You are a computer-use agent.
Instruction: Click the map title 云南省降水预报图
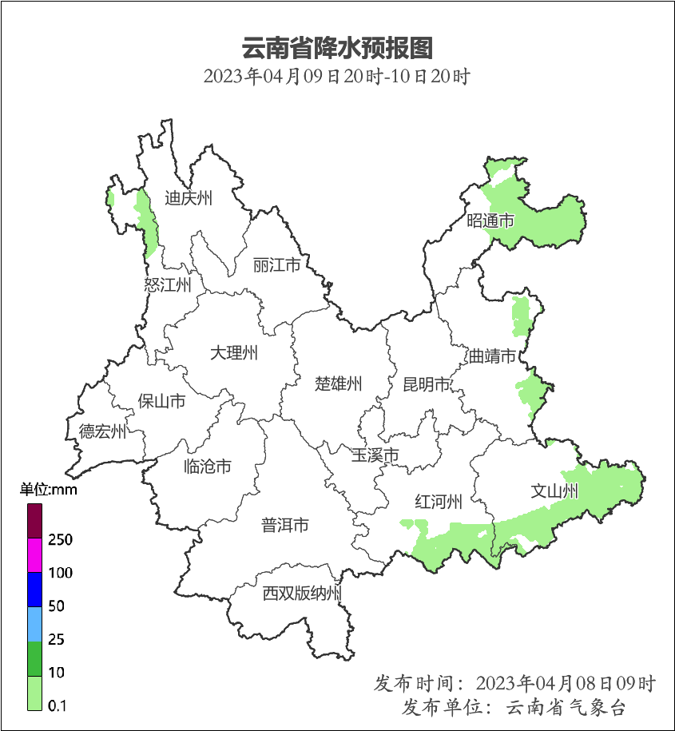[x=336, y=48]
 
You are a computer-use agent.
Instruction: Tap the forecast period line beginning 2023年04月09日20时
[x=336, y=77]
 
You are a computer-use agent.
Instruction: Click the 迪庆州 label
[x=189, y=199]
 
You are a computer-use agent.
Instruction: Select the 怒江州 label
[x=168, y=285]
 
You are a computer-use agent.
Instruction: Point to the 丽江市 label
[x=276, y=264]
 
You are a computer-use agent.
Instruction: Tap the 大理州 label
[x=234, y=352]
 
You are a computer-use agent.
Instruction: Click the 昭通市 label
[x=490, y=220]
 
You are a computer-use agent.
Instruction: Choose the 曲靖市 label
[x=492, y=356]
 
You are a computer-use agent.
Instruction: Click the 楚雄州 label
[x=339, y=384]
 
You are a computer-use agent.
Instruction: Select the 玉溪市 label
[x=375, y=455]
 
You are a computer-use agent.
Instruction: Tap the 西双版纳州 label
[x=303, y=594]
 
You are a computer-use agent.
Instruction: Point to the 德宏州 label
[x=102, y=432]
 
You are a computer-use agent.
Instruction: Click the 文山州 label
[x=554, y=491]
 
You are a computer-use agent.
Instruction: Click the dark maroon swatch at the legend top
[x=34, y=521]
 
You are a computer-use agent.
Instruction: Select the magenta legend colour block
[x=34, y=555]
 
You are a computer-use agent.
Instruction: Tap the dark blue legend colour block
[x=34, y=589]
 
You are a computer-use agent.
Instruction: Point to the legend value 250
[x=60, y=540]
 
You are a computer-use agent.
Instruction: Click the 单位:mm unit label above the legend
[x=49, y=490]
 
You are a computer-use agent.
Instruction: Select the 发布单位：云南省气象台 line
[x=514, y=707]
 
